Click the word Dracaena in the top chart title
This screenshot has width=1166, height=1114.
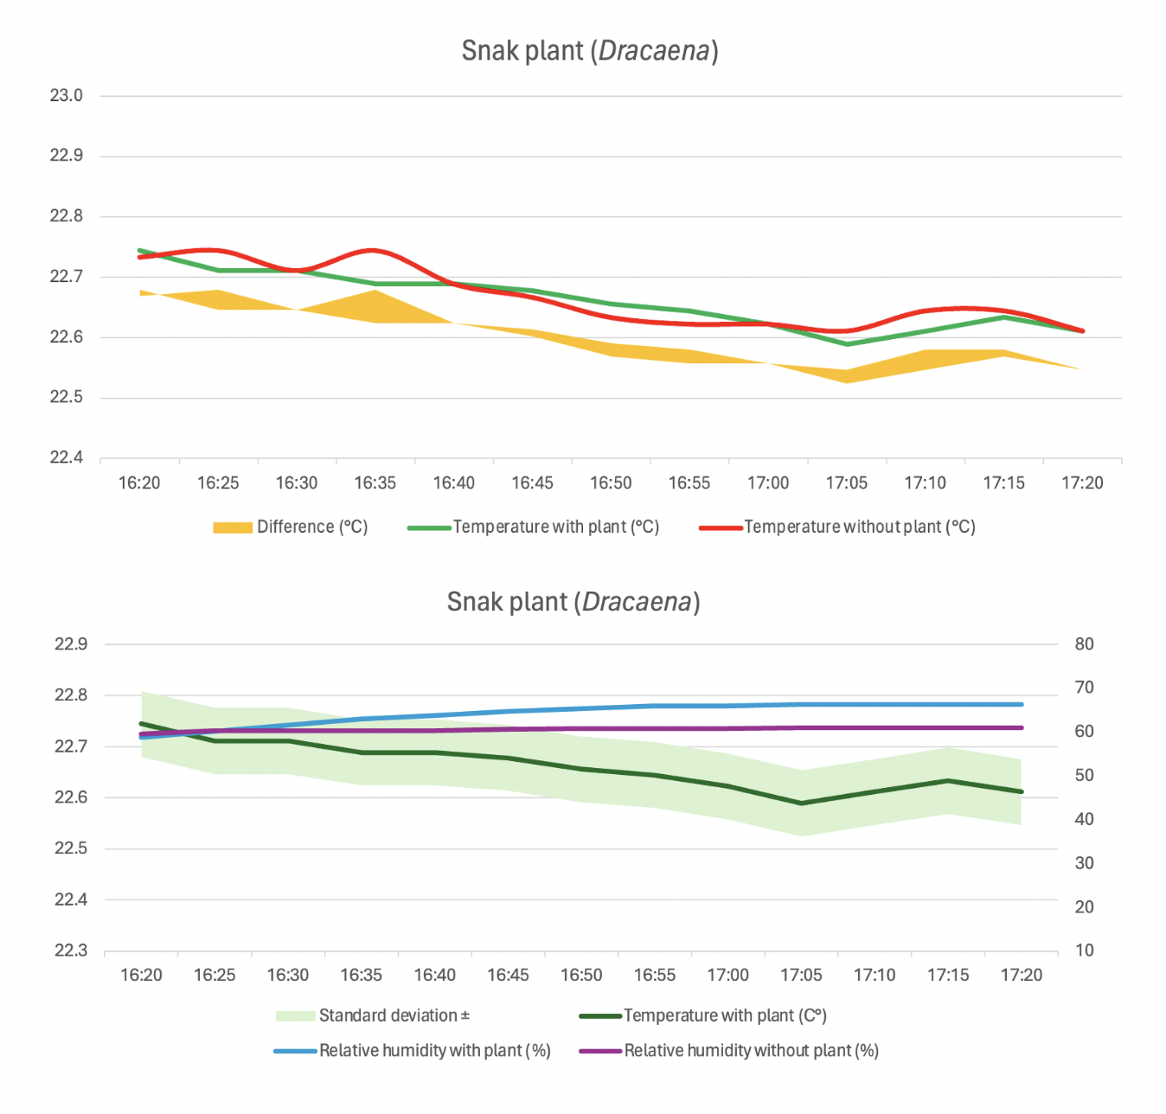coord(654,51)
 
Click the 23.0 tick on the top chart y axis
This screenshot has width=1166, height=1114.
coord(67,96)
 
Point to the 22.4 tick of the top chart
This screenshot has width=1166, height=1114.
coord(67,458)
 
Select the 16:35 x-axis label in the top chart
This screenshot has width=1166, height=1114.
coord(375,483)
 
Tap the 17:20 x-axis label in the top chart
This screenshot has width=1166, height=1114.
coord(1082,483)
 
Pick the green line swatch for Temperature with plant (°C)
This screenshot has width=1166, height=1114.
coord(429,528)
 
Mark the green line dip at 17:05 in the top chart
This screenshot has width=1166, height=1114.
coord(847,344)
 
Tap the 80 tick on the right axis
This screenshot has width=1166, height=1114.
coord(1084,644)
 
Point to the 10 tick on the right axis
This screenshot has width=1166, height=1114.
coord(1084,951)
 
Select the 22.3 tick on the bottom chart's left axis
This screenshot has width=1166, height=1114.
coord(71,951)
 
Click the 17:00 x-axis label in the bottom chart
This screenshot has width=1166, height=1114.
coord(727,976)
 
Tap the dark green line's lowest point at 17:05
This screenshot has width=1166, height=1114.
coord(801,803)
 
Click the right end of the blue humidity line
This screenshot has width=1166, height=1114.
coord(1022,704)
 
